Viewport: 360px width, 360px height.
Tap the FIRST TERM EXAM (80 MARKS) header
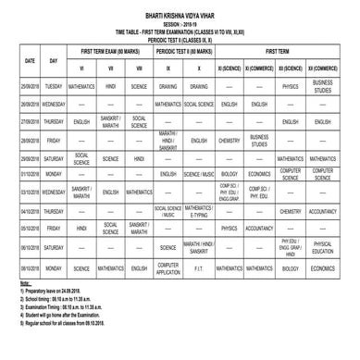point(110,53)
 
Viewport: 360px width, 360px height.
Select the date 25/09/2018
point(30,86)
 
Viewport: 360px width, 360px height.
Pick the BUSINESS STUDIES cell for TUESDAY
point(322,86)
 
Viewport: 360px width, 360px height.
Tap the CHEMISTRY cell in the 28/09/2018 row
point(231,140)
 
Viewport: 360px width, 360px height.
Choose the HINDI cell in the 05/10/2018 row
point(82,228)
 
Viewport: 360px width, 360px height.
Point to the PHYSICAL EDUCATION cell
point(322,247)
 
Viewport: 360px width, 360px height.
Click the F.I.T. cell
point(199,268)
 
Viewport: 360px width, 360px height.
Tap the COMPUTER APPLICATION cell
point(168,268)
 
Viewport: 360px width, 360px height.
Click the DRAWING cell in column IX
point(168,86)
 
